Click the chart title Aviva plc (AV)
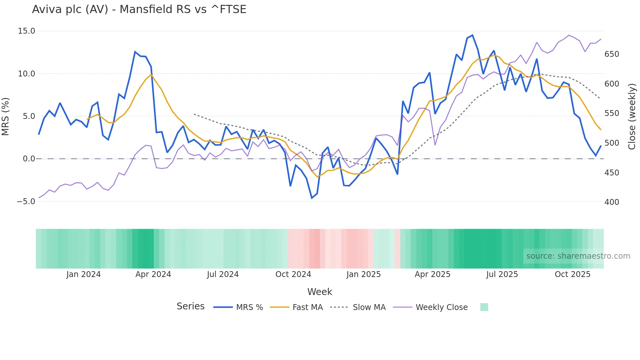pos(139,9)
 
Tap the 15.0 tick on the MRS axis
pos(26,31)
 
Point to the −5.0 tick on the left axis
pos(26,202)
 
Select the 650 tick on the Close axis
pos(612,54)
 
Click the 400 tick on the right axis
pos(612,202)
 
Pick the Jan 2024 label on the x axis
pos(83,274)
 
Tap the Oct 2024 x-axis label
pos(293,274)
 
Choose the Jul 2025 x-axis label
pos(502,274)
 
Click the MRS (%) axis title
pos(6,117)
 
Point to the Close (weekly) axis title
pos(632,117)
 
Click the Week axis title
pos(320,292)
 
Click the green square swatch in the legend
pos(484,307)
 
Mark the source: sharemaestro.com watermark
pos(578,256)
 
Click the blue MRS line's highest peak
pos(472,35)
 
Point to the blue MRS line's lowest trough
pos(312,198)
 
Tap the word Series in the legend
pos(190,306)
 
